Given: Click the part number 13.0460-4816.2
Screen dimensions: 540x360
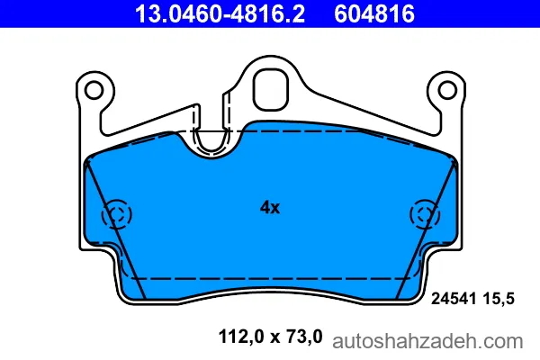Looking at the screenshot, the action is [x=220, y=13].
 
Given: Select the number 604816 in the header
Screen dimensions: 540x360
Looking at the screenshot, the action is [x=374, y=13].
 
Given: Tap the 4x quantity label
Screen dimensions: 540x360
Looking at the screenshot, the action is [x=270, y=208].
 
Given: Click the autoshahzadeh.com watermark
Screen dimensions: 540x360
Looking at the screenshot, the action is [x=427, y=342].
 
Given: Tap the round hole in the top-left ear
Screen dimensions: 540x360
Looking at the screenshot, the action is [x=94, y=90].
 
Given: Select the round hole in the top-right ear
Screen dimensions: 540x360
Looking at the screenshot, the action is [x=447, y=90].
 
